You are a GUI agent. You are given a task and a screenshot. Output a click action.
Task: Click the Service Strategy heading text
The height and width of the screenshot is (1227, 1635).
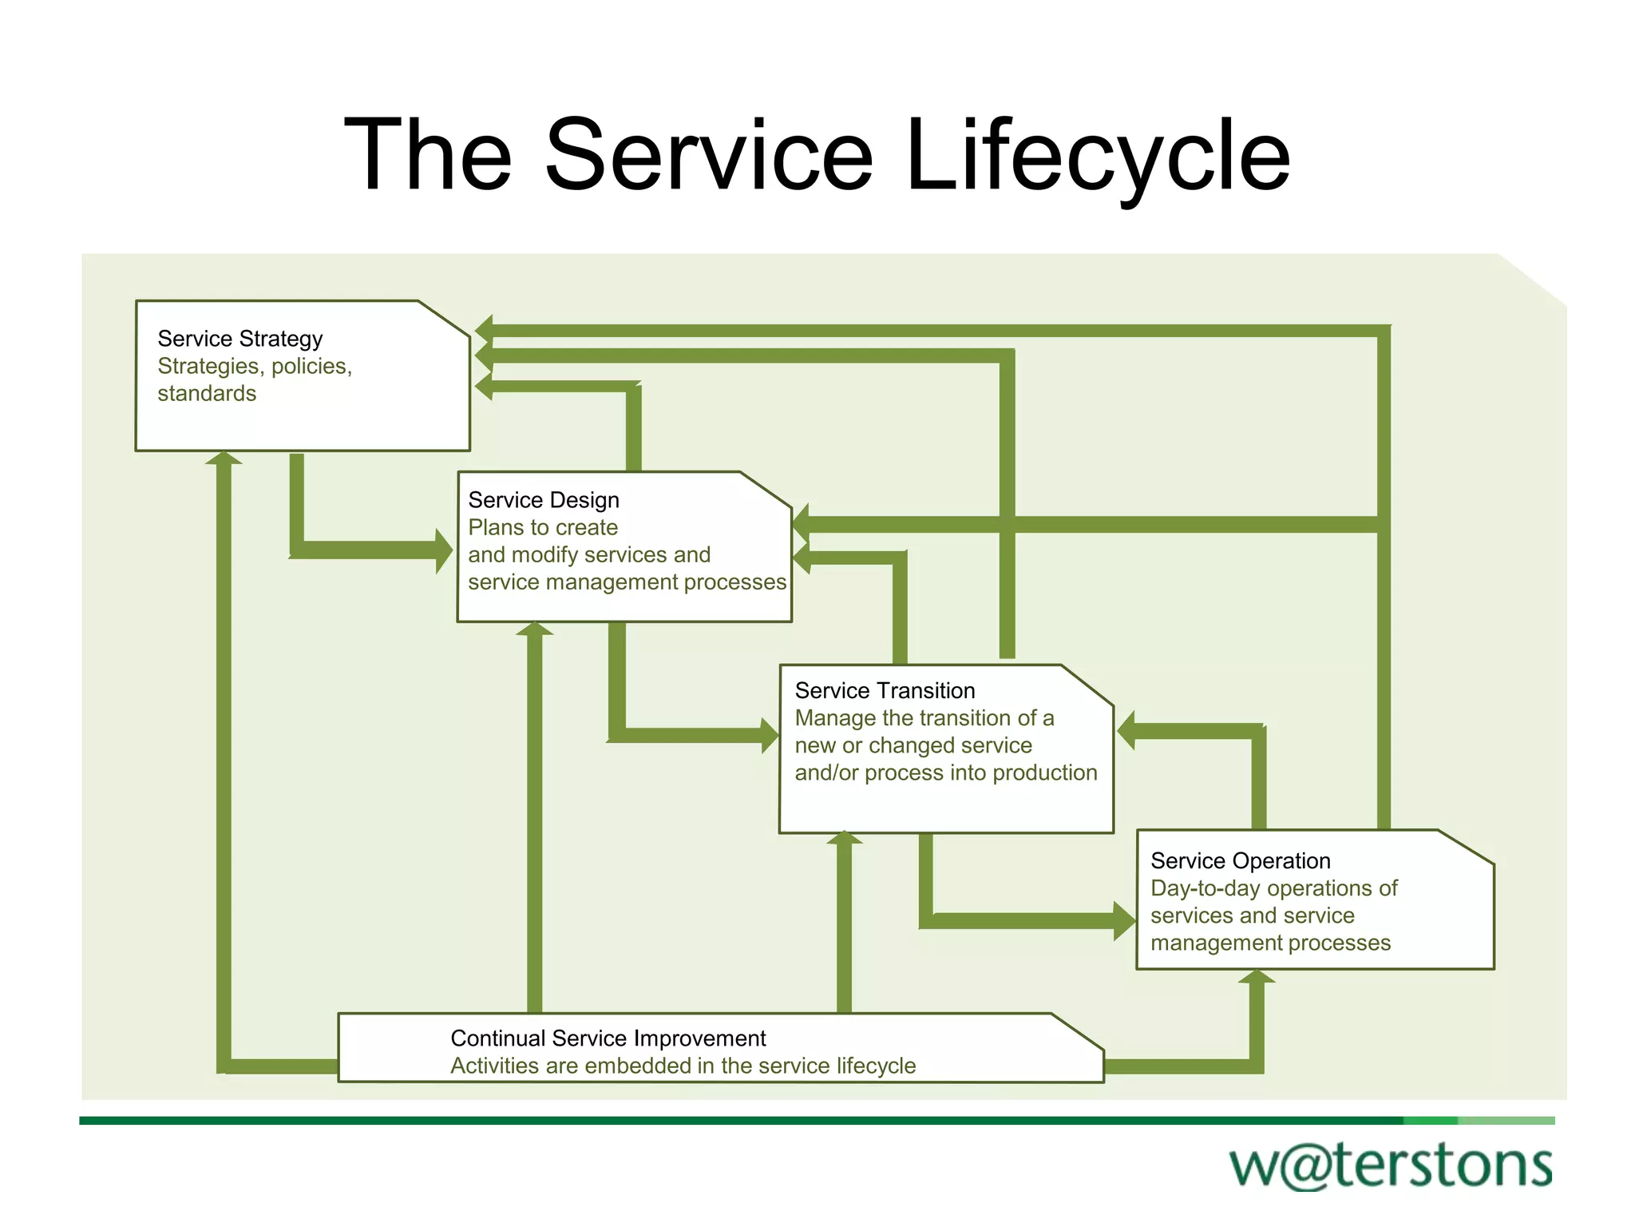[240, 339]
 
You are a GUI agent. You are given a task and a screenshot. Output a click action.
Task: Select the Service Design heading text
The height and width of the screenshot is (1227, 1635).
[543, 500]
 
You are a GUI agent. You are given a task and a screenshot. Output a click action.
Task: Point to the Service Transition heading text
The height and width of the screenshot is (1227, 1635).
[885, 690]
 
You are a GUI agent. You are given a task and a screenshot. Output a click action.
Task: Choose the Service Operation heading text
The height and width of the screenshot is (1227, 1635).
[1240, 860]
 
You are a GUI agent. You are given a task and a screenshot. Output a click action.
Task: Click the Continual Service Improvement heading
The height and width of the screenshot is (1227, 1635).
[608, 1038]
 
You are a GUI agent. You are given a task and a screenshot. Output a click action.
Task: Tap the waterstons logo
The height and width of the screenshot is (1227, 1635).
[1390, 1165]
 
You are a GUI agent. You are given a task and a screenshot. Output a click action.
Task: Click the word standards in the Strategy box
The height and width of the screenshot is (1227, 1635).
[207, 393]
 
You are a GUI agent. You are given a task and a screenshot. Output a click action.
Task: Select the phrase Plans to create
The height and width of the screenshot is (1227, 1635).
[543, 527]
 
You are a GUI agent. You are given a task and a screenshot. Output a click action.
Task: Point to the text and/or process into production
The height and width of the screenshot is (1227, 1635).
[945, 772]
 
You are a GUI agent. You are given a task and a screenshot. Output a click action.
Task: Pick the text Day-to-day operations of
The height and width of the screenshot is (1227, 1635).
[1273, 888]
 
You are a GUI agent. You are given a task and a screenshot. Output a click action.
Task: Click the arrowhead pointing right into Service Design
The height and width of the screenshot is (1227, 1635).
[444, 551]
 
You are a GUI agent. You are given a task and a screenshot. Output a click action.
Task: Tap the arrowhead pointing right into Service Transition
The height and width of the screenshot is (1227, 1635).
[770, 736]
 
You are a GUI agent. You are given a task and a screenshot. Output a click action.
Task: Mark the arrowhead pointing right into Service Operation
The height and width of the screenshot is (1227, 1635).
[1125, 921]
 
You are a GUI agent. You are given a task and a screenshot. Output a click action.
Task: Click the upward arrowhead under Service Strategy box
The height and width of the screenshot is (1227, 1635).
[224, 459]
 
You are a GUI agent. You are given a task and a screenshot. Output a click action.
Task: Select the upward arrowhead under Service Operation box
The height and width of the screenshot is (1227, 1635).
[1257, 976]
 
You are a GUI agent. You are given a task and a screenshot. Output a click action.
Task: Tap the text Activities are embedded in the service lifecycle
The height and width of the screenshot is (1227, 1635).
[683, 1066]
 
